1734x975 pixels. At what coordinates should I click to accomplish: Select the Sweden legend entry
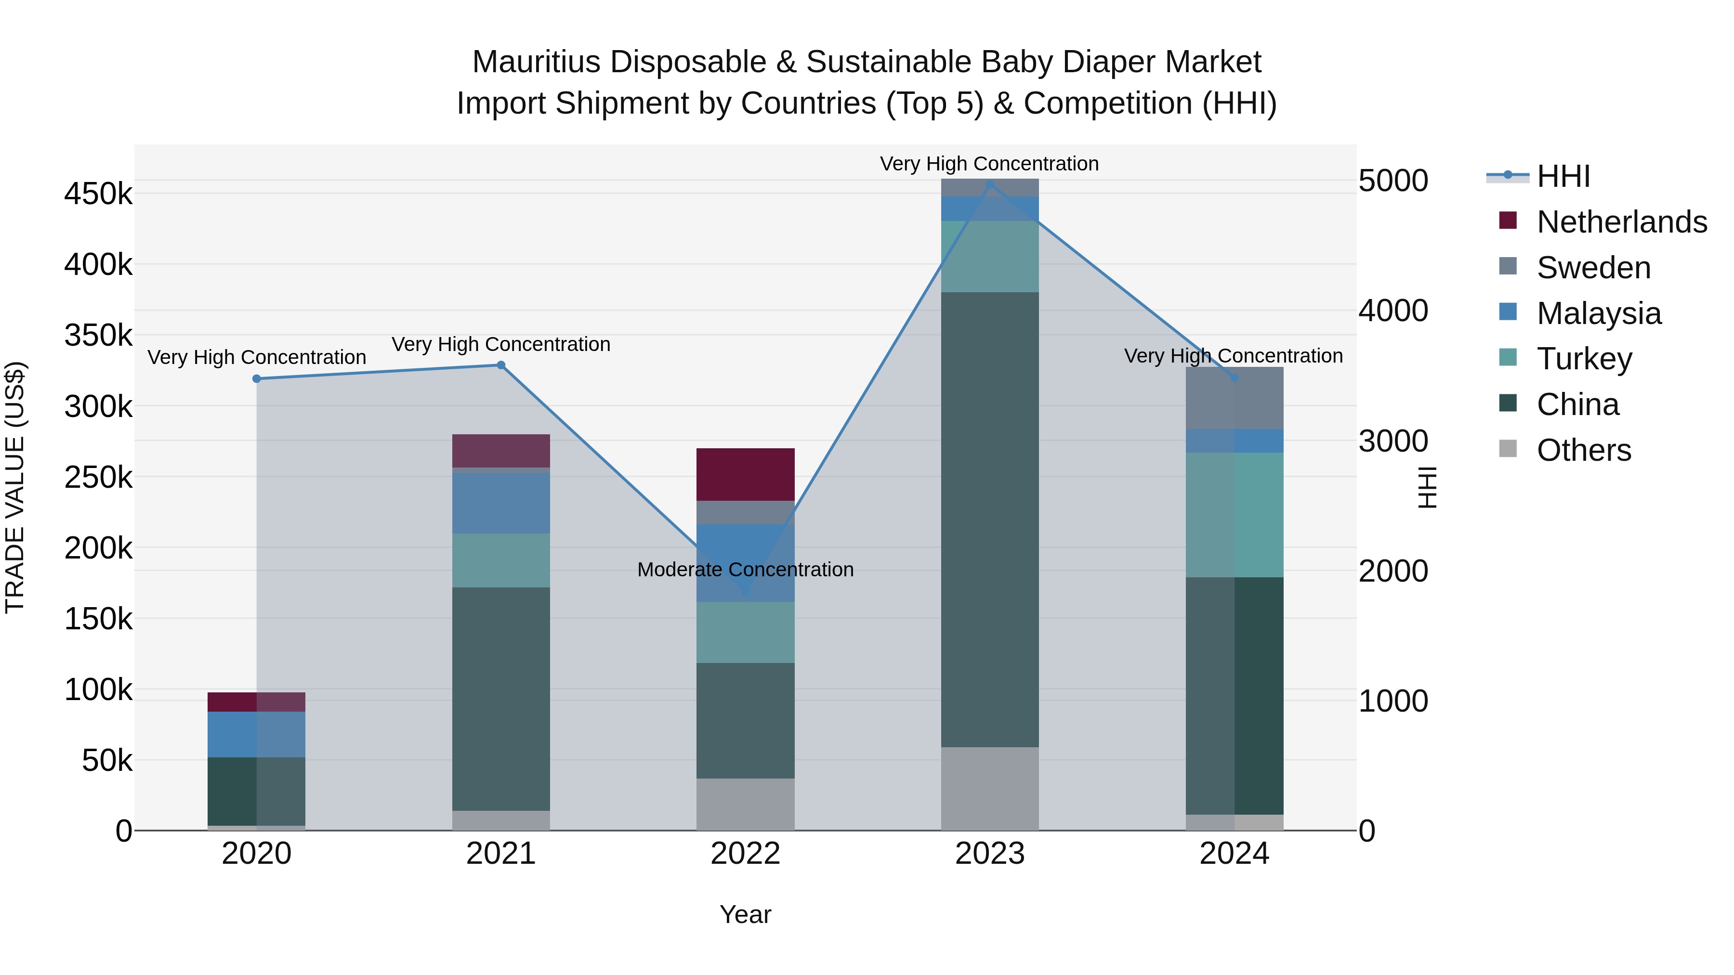[x=1593, y=268]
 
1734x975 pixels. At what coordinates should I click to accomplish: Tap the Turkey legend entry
[x=1584, y=359]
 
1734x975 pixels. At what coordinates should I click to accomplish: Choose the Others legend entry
[x=1583, y=450]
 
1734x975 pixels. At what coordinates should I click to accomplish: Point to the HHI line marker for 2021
[x=501, y=365]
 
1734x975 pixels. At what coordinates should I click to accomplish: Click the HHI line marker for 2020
[x=256, y=379]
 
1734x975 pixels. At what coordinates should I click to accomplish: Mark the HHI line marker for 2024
[x=1234, y=378]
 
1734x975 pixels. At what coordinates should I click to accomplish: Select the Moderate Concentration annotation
[x=745, y=570]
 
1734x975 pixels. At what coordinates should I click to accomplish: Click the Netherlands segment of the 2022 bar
[x=745, y=474]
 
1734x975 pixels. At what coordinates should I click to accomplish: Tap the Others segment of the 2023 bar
[x=989, y=789]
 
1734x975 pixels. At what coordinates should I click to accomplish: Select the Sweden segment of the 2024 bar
[x=1234, y=398]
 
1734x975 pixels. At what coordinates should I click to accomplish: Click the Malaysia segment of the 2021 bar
[x=501, y=503]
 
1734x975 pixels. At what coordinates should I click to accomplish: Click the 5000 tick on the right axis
[x=1392, y=181]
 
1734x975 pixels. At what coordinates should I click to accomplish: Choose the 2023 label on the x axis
[x=989, y=854]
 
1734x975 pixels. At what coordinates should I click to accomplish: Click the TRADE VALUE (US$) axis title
[x=15, y=487]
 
